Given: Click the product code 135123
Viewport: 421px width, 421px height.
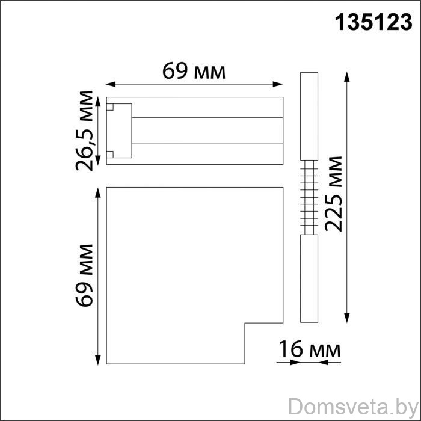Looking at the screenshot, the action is [373, 23].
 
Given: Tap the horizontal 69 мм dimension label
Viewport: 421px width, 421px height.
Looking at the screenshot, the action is [194, 71].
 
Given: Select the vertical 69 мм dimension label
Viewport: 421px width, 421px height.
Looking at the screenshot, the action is [84, 275].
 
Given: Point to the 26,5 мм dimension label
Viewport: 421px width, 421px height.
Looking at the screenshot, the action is [84, 131].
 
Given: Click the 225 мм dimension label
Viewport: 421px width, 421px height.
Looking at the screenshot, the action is [333, 194].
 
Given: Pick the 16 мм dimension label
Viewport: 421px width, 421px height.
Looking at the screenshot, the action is [310, 349].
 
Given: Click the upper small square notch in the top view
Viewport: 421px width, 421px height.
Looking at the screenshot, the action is [110, 107].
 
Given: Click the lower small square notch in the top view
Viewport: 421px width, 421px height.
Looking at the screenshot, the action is [110, 155].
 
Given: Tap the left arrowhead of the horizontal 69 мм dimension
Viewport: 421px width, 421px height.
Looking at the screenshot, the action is [110, 84].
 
